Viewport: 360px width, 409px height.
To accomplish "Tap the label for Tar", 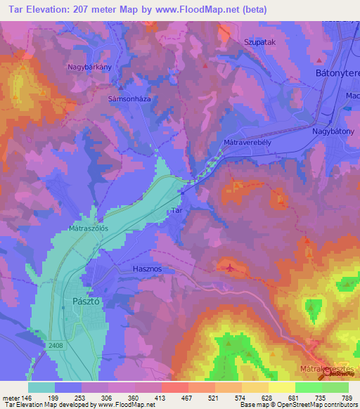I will tap(177, 210).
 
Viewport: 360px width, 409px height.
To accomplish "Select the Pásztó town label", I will tap(87, 300).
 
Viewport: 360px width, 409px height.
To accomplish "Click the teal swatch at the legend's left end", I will tap(41, 387).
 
